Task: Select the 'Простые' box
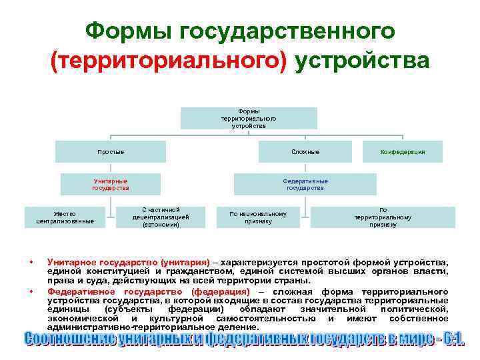111,152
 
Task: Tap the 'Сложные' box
305,152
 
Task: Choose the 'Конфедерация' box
403,152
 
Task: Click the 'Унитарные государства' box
111,185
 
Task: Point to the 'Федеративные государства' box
305,185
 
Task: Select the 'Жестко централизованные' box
65,217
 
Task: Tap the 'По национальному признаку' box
258,217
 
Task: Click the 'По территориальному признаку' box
383,217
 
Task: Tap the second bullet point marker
31,292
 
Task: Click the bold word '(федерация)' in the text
220,292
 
